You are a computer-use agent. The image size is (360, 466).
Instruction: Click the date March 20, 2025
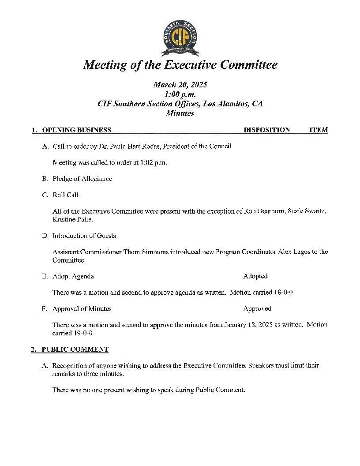[180, 85]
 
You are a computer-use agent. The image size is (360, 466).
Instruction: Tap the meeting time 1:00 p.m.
[180, 94]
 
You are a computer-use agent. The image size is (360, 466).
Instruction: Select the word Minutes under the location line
[180, 113]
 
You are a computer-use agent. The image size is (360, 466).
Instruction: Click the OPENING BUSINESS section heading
[76, 130]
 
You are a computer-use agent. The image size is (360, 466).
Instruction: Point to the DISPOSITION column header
[267, 130]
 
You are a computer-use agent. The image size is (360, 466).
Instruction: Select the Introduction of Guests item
[84, 236]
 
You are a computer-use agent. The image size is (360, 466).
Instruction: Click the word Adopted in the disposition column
[255, 276]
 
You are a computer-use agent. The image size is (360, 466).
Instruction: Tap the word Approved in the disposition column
[257, 309]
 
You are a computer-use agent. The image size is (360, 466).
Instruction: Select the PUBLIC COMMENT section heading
[75, 349]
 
